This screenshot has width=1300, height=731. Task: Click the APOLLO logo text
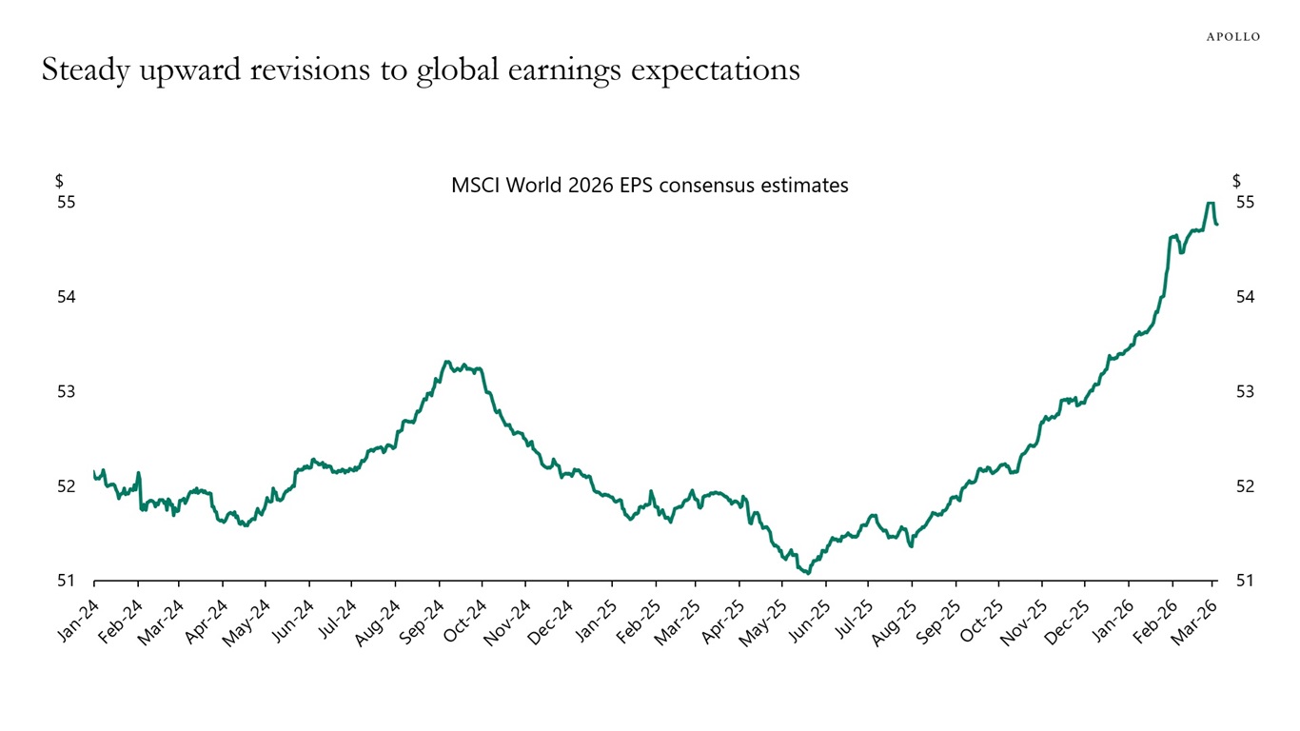coord(1232,36)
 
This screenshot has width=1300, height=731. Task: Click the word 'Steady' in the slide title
coord(84,71)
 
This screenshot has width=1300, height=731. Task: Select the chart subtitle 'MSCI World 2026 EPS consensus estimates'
coord(649,186)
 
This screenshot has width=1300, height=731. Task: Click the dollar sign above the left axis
coord(59,181)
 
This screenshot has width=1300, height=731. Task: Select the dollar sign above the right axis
coord(1236,181)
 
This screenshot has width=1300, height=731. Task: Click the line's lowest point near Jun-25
coord(807,573)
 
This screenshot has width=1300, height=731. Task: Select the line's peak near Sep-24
coord(446,362)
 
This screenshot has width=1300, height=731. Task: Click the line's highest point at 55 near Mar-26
coord(1210,203)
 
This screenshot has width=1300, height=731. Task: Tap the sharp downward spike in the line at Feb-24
coord(141,508)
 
